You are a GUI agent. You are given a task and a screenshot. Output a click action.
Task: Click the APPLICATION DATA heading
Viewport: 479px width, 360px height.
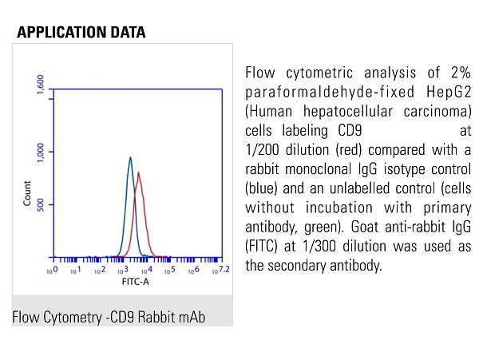[81, 33]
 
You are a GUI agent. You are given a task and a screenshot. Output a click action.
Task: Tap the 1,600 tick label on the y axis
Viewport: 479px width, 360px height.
[41, 86]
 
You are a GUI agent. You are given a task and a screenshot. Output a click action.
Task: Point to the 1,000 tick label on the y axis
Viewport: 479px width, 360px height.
[41, 151]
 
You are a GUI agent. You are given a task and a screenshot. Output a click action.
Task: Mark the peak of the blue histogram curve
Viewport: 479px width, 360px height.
[129, 158]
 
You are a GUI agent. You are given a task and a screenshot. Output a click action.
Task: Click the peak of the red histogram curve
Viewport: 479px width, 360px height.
[139, 173]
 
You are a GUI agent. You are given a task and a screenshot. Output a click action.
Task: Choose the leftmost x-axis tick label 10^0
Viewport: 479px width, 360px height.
[51, 272]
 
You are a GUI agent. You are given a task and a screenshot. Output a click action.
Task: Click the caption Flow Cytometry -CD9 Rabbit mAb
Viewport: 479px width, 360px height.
[109, 318]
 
